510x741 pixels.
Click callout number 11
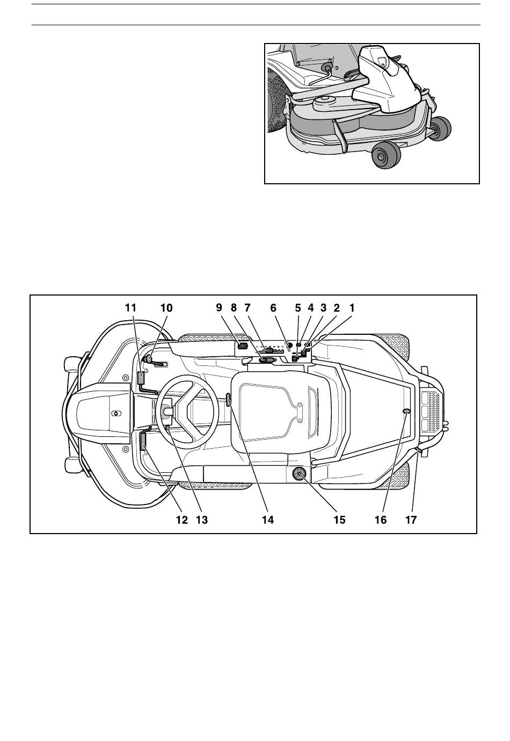pos(130,308)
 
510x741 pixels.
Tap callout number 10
pos(166,308)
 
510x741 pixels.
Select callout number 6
pos(273,308)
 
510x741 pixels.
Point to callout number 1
pos(352,308)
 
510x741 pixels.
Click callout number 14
pos(268,520)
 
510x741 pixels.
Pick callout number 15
pos(339,520)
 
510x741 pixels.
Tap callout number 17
pos(411,520)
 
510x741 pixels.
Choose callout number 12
pos(182,520)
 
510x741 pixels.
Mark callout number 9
pos(219,308)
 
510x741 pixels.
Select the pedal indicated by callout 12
pos(144,442)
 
